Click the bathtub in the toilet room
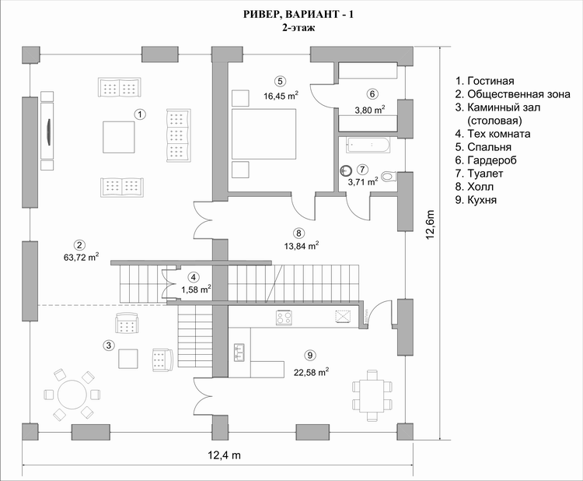coord(368,145)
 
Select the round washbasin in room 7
coord(345,170)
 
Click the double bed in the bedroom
coord(264,134)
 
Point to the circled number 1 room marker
coord(140,114)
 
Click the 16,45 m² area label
coord(281,96)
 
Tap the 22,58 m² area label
coord(311,371)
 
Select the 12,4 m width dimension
coord(224,455)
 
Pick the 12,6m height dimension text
coord(430,225)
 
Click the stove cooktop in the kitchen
coord(284,318)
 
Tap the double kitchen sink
coord(239,352)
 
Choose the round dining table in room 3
coord(72,395)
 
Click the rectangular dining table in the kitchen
coord(372,395)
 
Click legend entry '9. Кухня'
coord(476,199)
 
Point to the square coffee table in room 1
coord(119,137)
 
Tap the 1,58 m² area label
coord(197,289)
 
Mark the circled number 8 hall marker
coord(298,233)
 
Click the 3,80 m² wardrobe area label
coord(369,110)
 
